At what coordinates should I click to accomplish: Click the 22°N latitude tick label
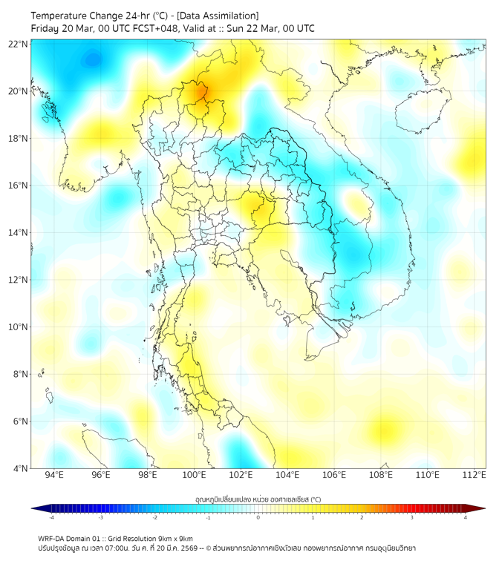(x=18, y=45)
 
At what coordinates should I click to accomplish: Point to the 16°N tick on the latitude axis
(x=18, y=186)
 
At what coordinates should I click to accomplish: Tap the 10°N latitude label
(x=18, y=327)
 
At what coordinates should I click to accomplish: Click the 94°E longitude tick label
(x=54, y=476)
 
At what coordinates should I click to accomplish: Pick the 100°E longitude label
(x=195, y=476)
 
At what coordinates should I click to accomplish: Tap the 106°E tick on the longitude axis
(x=335, y=476)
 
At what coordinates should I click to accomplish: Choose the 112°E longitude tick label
(x=475, y=476)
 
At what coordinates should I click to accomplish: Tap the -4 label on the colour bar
(x=50, y=517)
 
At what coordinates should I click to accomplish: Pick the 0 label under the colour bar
(x=258, y=517)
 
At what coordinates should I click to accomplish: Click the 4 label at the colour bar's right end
(x=466, y=517)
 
